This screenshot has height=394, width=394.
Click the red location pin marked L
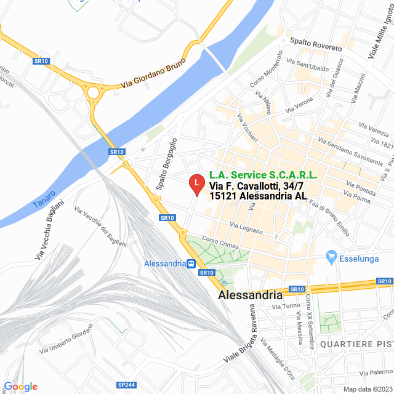(x=196, y=183)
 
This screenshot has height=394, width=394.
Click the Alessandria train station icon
(x=192, y=264)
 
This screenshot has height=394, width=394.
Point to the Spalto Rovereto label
(x=315, y=47)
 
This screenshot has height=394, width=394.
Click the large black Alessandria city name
(x=251, y=295)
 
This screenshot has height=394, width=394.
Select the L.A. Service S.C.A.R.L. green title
(x=263, y=175)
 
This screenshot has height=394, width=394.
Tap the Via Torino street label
(x=285, y=306)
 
